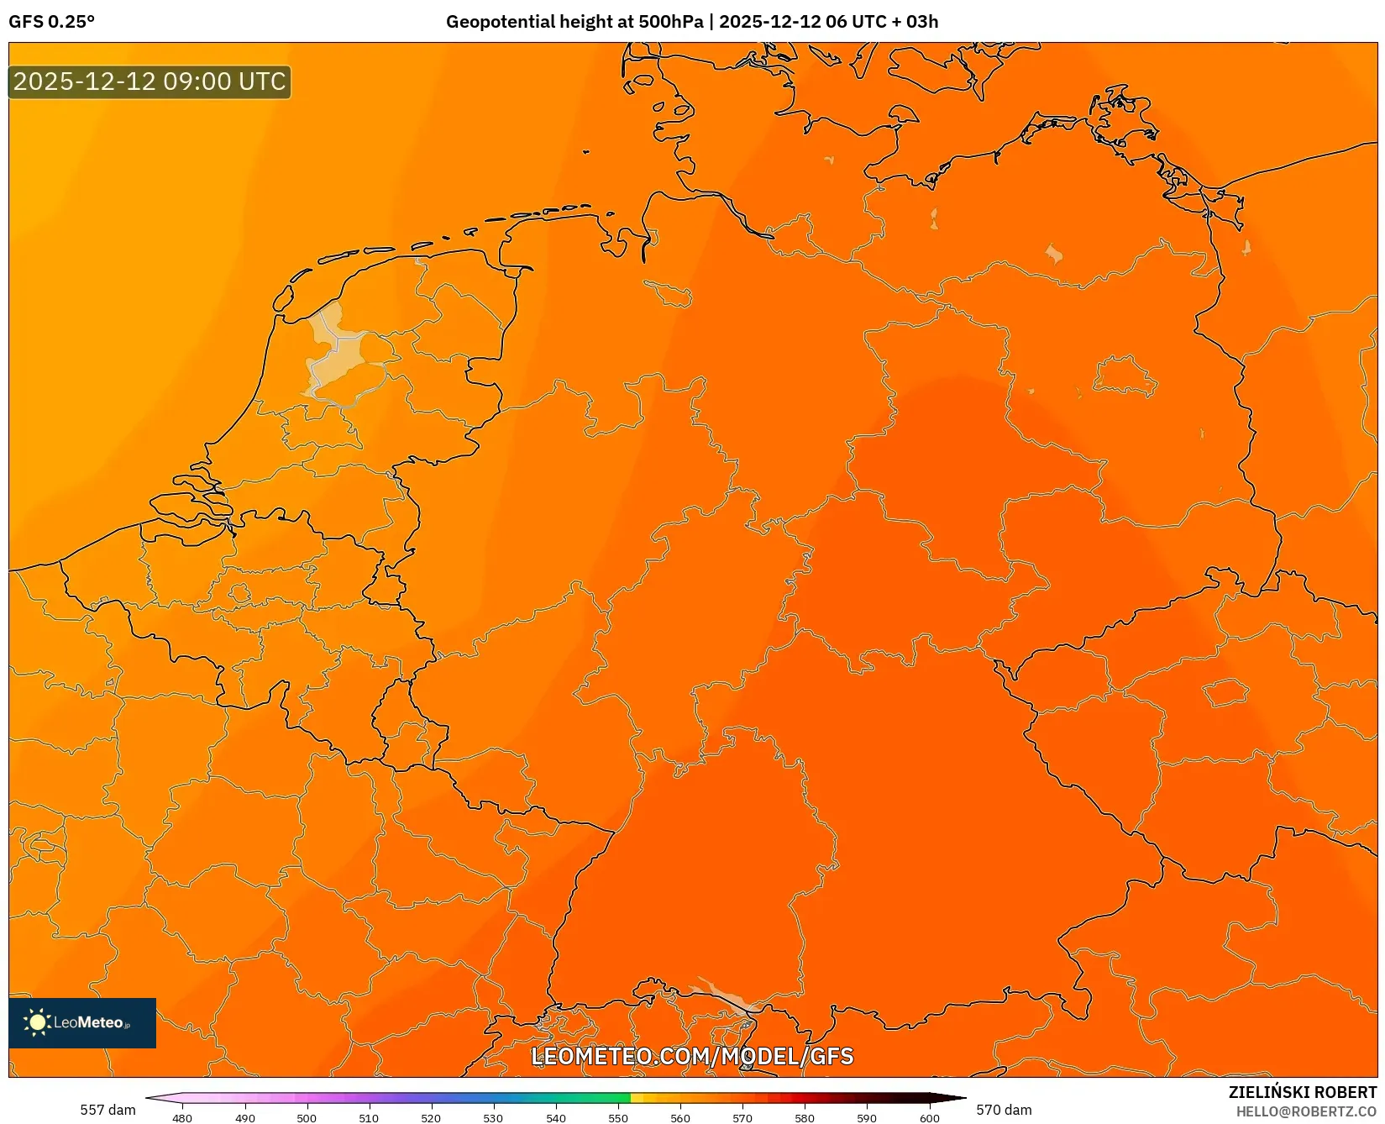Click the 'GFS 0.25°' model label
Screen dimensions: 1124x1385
(51, 22)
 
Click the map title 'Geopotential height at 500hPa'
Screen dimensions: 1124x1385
(574, 22)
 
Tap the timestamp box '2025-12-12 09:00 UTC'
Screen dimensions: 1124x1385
(150, 82)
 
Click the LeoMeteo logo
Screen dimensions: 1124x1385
(82, 1022)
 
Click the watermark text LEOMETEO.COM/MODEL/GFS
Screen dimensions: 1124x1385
(692, 1057)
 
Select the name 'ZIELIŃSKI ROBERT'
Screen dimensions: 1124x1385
(1303, 1092)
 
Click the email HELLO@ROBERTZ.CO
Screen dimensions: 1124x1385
(1306, 1111)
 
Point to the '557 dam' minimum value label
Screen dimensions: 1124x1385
(108, 1110)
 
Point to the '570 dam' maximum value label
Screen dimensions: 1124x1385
(1004, 1110)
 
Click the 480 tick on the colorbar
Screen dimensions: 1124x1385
(182, 1118)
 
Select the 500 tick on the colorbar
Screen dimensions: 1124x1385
(307, 1118)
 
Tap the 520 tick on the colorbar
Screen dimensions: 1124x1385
(431, 1118)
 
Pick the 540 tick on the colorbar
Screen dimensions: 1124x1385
(556, 1118)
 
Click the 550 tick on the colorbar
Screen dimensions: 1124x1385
(618, 1118)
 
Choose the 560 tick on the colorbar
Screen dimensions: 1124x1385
(680, 1118)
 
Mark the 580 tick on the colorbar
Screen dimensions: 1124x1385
(805, 1118)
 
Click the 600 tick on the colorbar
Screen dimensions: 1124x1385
(929, 1118)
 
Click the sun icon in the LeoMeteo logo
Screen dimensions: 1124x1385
(37, 1022)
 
